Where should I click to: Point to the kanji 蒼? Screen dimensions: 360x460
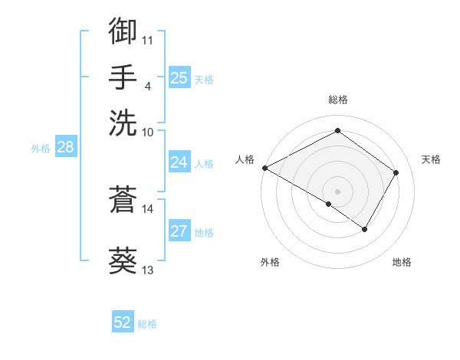click(123, 199)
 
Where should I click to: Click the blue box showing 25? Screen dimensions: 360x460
click(179, 78)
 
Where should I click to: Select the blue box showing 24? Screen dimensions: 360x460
click(179, 162)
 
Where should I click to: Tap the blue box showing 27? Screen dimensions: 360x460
click(179, 232)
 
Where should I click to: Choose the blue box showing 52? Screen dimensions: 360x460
click(123, 323)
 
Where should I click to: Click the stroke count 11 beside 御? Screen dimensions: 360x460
click(148, 40)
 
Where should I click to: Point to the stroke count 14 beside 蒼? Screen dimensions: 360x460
click(148, 208)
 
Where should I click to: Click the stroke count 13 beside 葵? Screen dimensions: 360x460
click(148, 270)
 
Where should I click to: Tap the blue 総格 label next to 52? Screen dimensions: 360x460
click(147, 324)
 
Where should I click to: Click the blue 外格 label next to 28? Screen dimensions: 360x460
click(41, 149)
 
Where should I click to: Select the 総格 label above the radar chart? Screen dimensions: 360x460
click(338, 100)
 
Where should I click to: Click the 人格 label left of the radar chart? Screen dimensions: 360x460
click(245, 159)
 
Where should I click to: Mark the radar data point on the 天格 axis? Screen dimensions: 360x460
click(396, 172)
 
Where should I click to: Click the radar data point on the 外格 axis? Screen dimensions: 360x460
click(329, 204)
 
